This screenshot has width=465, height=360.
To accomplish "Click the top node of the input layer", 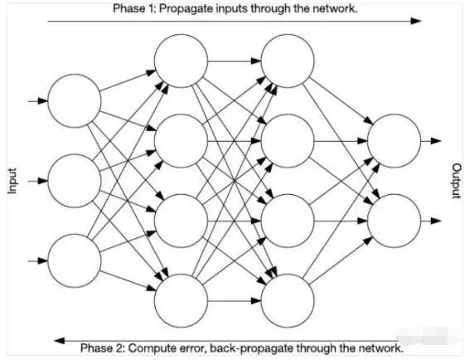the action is tap(74, 101).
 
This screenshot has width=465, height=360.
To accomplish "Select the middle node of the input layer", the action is tap(74, 181).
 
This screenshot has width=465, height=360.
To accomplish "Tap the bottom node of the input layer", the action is tap(74, 260).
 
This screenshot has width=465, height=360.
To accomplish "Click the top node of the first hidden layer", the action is tap(181, 61).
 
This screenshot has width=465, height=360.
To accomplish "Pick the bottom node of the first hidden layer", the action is tap(181, 300).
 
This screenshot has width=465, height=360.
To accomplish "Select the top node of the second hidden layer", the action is tap(288, 61).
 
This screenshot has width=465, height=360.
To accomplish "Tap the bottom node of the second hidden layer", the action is tap(288, 300).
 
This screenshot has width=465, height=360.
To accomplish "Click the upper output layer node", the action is tap(394, 141).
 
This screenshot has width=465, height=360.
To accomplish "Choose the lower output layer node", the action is tap(394, 221).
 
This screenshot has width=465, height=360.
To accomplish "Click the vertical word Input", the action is tap(12, 181).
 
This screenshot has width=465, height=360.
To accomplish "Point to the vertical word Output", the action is tap(457, 181).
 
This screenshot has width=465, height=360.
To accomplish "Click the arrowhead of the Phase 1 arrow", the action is tap(415, 21).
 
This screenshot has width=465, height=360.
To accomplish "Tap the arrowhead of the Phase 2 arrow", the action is tap(60, 340).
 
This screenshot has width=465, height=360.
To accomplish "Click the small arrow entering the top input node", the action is tap(38, 101).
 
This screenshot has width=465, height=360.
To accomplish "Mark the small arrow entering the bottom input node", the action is tap(38, 260).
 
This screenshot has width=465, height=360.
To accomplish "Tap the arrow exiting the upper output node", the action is tap(431, 141).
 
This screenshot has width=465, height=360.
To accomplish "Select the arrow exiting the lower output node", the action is tap(431, 221).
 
